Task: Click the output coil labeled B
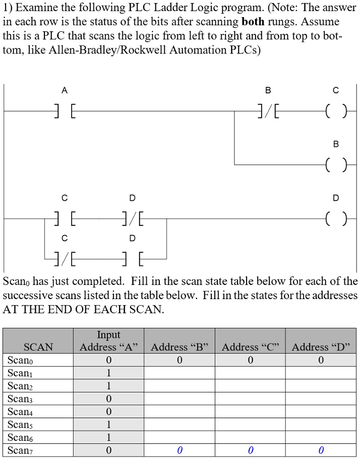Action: click(x=336, y=164)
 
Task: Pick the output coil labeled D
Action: click(x=336, y=219)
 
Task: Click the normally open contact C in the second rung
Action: click(x=65, y=219)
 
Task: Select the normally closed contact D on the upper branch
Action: click(x=133, y=219)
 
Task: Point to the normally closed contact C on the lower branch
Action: click(x=65, y=259)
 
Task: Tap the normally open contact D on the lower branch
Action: click(x=133, y=259)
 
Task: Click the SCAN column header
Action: click(x=38, y=347)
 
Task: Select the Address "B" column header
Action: click(x=179, y=347)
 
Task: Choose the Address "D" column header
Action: click(x=321, y=347)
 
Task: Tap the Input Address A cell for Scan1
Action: click(x=108, y=373)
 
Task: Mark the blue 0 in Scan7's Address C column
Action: click(x=250, y=450)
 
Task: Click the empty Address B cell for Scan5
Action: click(x=179, y=424)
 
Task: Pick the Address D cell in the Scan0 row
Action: click(x=321, y=360)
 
